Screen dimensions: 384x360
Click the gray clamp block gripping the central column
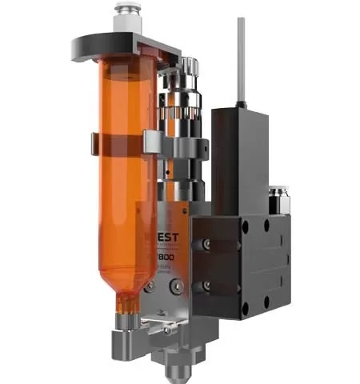(x=179, y=148)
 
